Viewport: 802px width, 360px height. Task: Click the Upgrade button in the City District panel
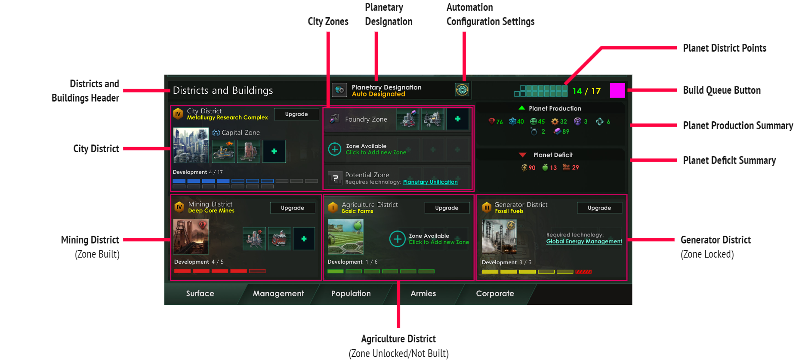tap(296, 114)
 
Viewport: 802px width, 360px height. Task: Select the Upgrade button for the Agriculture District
tap(447, 208)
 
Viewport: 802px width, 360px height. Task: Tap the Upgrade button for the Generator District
tap(599, 208)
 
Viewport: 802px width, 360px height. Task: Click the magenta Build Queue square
tap(617, 90)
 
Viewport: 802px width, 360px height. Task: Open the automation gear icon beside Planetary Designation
tap(462, 90)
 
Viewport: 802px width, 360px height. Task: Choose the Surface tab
tap(200, 293)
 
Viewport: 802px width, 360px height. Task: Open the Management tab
tap(278, 293)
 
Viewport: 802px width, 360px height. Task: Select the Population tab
tap(351, 293)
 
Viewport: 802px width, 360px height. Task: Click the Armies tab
tap(423, 293)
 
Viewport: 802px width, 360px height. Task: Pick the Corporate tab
tap(495, 293)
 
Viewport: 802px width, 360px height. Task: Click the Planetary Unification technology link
tap(430, 182)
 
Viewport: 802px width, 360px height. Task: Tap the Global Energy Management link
tap(584, 241)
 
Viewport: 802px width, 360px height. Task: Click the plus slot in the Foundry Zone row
tap(457, 119)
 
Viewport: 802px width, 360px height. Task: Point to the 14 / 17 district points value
tap(586, 91)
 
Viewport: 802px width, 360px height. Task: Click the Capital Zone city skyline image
tap(191, 145)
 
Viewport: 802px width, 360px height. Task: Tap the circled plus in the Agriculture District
tap(397, 239)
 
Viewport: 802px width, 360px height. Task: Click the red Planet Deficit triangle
tap(522, 155)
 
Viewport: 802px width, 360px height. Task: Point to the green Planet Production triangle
tap(521, 108)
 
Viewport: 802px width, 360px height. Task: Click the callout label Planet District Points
tap(725, 48)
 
